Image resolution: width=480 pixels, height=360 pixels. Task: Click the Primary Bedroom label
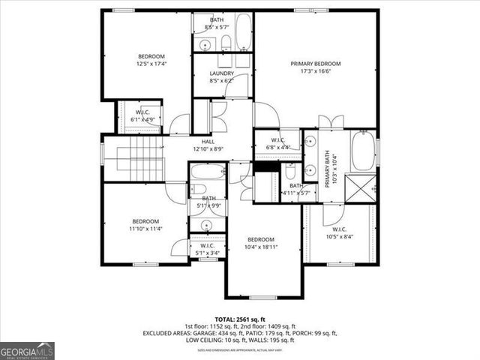pos(316,64)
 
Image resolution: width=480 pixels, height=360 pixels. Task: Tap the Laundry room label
pos(222,73)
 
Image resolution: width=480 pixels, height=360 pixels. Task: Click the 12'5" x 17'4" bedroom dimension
pos(151,64)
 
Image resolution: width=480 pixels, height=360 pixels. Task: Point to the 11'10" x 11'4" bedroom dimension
pos(146,229)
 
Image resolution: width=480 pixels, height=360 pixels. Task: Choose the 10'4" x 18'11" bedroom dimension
pos(262,247)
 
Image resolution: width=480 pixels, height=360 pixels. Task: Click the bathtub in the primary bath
pos(363,148)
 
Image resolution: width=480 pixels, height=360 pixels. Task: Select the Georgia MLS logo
pos(27,350)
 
